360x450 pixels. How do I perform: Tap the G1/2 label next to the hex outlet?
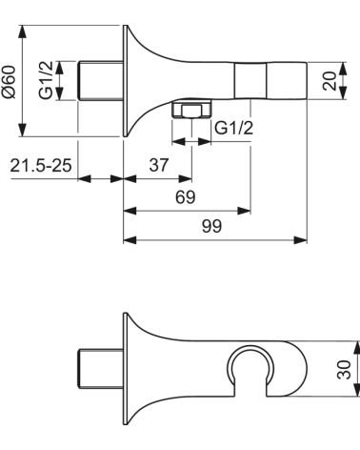(231, 128)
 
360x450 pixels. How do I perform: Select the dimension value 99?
(215, 226)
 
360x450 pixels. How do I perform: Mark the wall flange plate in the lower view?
(124, 369)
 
